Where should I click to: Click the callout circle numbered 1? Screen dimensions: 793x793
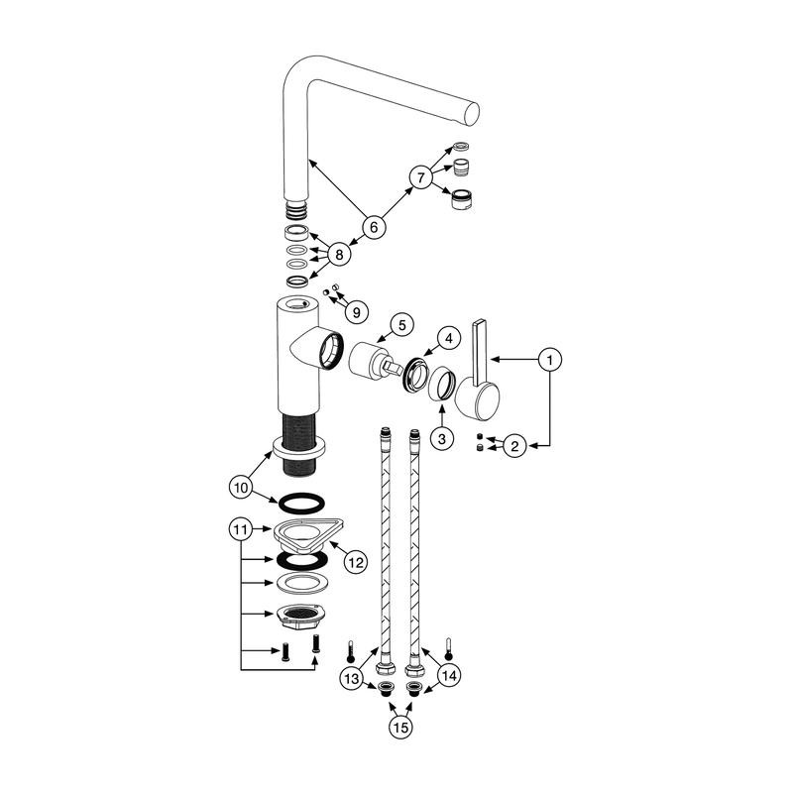coord(550,360)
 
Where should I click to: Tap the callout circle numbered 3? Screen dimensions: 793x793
coord(442,438)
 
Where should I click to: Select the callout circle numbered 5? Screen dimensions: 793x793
coord(402,325)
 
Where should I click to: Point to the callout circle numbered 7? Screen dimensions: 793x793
coord(420,177)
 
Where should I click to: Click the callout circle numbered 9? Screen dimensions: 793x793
coord(357,312)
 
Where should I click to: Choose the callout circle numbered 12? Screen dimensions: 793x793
coord(356,562)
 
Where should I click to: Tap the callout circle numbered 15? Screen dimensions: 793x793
coord(400,728)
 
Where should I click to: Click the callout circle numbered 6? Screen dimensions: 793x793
coord(374,227)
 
